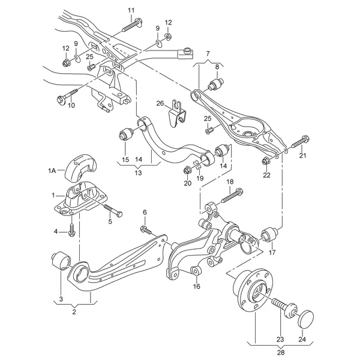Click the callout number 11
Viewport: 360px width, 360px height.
pyautogui.click(x=131, y=10)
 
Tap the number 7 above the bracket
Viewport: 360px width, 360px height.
pyautogui.click(x=208, y=55)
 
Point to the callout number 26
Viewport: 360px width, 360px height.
pyautogui.click(x=160, y=103)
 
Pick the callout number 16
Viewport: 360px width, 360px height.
pyautogui.click(x=196, y=286)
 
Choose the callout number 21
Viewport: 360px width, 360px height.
pyautogui.click(x=302, y=156)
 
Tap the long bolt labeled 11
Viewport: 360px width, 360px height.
pyautogui.click(x=131, y=26)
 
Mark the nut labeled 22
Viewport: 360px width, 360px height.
pyautogui.click(x=266, y=159)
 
